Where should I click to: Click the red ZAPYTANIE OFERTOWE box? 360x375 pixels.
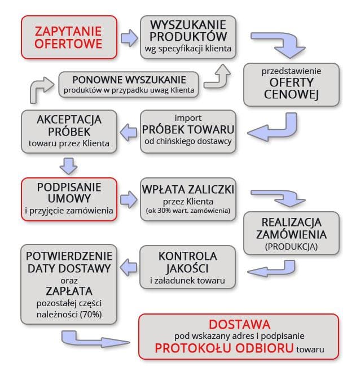pyautogui.click(x=69, y=37)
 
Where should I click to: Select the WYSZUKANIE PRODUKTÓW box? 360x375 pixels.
pyautogui.click(x=188, y=37)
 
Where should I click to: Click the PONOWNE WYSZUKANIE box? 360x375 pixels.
pyautogui.click(x=129, y=84)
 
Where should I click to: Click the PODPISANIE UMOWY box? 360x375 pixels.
pyautogui.click(x=69, y=199)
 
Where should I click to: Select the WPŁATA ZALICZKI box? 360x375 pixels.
pyautogui.click(x=188, y=199)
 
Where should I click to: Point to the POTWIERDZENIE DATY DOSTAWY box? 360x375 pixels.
pyautogui.click(x=69, y=282)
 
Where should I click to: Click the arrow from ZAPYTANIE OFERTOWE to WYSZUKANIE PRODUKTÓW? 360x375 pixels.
pyautogui.click(x=129, y=38)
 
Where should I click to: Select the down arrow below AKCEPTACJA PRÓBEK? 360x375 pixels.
pyautogui.click(x=69, y=165)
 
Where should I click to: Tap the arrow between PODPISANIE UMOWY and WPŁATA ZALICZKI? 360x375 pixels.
pyautogui.click(x=129, y=199)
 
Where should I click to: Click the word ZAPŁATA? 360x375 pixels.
pyautogui.click(x=69, y=291)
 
